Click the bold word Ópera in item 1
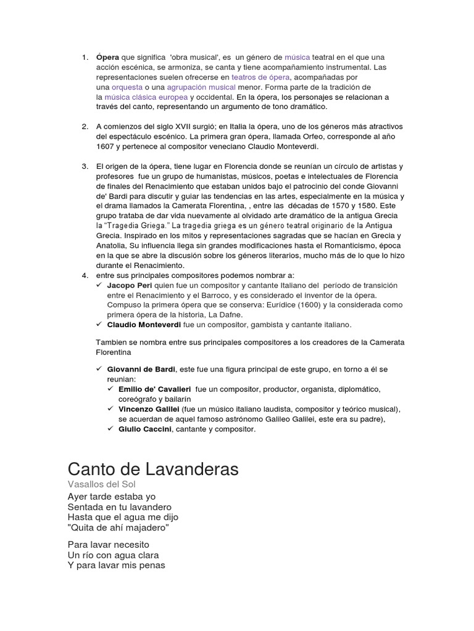107,57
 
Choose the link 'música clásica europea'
146,97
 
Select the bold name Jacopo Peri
128,285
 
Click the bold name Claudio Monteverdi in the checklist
144,324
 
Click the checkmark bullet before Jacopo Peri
99,285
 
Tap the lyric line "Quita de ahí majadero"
118,528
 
